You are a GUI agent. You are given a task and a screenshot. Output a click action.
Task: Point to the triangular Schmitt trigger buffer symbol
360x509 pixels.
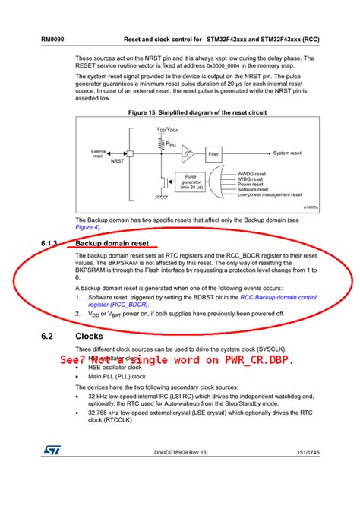point(188,153)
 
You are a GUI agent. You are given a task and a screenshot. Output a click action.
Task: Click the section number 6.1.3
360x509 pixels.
point(50,244)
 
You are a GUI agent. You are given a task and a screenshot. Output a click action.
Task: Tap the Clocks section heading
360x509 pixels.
point(89,336)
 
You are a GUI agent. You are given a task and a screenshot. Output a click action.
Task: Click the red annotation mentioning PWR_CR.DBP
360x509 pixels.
point(177,359)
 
